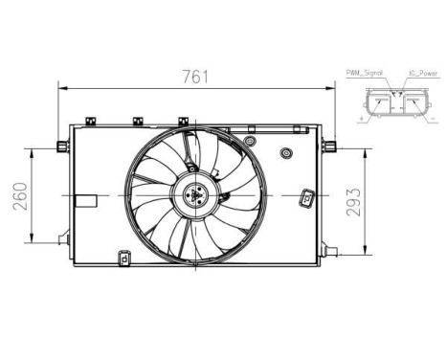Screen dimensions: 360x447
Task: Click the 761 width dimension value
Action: pyautogui.click(x=197, y=77)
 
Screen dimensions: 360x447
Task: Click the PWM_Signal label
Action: pyautogui.click(x=364, y=72)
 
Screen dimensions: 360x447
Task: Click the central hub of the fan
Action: pyautogui.click(x=196, y=195)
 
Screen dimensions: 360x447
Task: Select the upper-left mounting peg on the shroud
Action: pyautogui.click(x=62, y=146)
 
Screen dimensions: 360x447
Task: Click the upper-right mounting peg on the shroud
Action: pyautogui.click(x=329, y=146)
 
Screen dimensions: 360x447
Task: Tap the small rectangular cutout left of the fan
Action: pyautogui.click(x=86, y=202)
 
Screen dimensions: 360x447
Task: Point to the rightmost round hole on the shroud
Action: pyautogui.click(x=285, y=154)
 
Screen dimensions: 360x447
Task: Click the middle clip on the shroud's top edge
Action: pyautogui.click(x=138, y=122)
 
